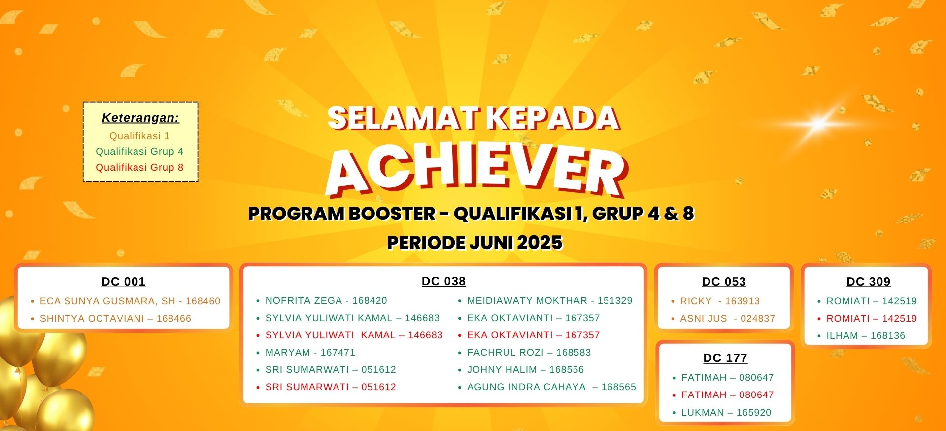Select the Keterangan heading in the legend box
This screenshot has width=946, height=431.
[140, 118]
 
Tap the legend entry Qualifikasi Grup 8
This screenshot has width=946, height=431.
[139, 167]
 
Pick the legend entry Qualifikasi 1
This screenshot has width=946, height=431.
[139, 136]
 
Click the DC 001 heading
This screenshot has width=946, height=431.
[124, 282]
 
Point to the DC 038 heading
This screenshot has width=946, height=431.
[443, 281]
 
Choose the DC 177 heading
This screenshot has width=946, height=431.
[725, 358]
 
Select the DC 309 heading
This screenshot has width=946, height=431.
[869, 282]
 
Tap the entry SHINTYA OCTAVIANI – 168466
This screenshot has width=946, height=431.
[115, 319]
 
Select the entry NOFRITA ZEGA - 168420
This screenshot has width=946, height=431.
[326, 301]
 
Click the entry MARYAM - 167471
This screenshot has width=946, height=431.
[310, 353]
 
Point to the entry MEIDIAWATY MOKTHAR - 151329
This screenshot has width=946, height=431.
[550, 301]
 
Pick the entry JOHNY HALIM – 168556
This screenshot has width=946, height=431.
[526, 370]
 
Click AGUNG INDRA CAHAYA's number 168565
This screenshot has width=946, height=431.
[619, 387]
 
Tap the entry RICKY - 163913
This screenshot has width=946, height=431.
[720, 301]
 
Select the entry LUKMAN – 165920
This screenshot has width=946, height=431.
[726, 413]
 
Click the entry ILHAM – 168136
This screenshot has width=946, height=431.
[866, 336]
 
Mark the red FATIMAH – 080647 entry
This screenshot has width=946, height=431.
[728, 395]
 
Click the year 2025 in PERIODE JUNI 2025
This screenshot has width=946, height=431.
[540, 243]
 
